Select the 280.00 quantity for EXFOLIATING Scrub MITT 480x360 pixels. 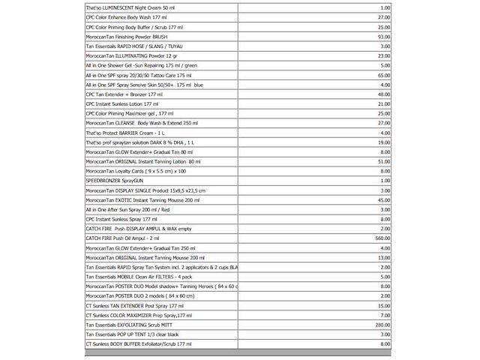coord(381,325)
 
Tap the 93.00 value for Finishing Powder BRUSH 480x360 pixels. coord(383,36)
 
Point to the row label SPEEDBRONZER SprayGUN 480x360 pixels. coord(113,181)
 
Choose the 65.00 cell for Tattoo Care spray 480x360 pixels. coord(383,75)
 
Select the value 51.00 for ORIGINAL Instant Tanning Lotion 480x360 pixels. coord(383,161)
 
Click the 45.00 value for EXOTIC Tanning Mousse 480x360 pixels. coord(383,200)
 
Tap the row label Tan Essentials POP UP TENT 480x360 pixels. coord(132,334)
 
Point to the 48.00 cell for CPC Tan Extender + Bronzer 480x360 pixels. coord(383,94)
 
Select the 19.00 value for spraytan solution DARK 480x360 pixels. coord(383,142)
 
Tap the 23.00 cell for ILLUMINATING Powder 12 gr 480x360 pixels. coord(383,55)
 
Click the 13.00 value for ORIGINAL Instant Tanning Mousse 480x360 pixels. coord(383,257)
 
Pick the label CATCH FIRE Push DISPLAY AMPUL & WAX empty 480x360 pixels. coord(139,229)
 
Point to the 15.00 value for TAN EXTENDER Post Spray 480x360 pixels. coord(383,306)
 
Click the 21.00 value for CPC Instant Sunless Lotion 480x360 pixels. coord(383,103)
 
